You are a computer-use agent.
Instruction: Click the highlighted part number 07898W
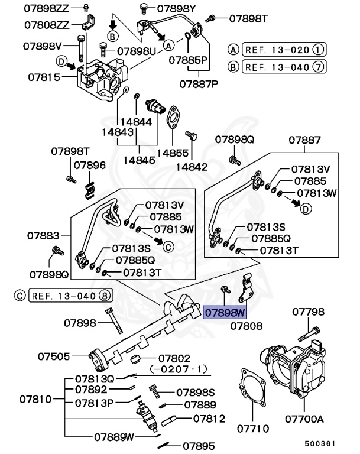[x=225, y=313]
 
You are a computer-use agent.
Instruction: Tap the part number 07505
[x=54, y=356]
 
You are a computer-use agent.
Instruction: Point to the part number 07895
[x=197, y=447]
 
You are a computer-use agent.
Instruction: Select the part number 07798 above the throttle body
[x=307, y=310]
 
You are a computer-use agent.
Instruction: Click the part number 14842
[x=193, y=167]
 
